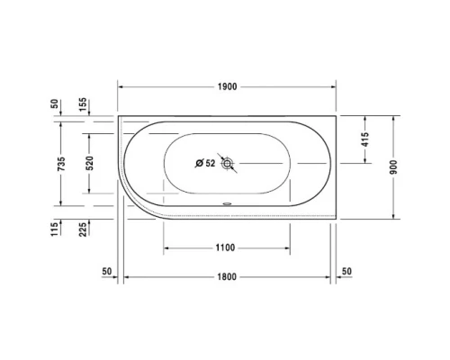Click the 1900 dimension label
226,86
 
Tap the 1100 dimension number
225,247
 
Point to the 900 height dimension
392,168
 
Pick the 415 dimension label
364,139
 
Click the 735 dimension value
58,164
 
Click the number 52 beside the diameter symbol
210,163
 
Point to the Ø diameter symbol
199,163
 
